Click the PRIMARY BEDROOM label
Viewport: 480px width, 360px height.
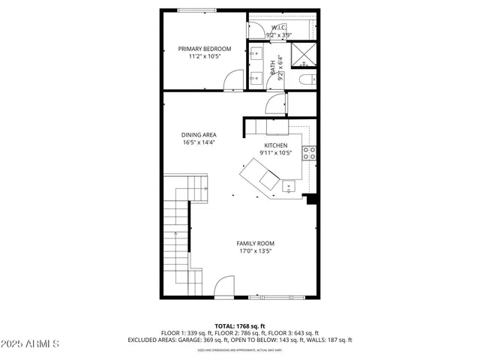coord(205,49)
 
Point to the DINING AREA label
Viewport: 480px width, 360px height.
coord(199,135)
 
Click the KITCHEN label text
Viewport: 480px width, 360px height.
coord(276,145)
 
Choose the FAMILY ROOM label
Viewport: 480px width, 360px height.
coord(255,244)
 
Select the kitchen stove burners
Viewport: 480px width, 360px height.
coord(308,153)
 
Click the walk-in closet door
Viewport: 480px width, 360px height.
coord(256,30)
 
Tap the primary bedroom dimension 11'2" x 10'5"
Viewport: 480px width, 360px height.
coord(205,56)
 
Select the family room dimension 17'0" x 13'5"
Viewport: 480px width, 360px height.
coord(255,251)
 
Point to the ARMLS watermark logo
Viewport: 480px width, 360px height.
coord(31,343)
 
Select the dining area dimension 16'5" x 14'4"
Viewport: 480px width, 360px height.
coord(199,142)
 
